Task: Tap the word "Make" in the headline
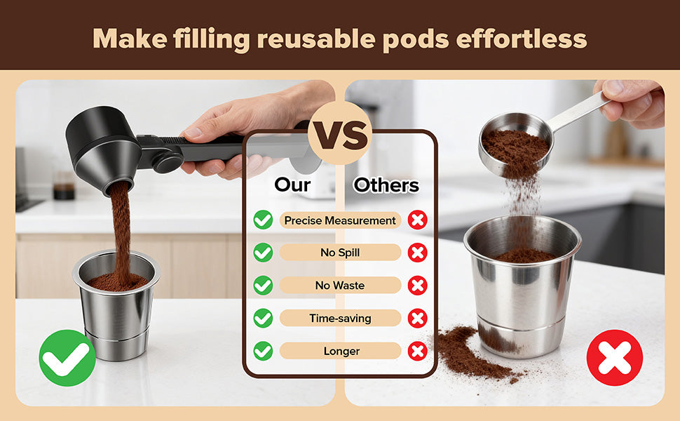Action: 130,39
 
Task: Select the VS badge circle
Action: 340,133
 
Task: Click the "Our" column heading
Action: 292,185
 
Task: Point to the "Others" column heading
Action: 386,185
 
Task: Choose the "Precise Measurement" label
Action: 340,220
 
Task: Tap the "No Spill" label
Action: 340,253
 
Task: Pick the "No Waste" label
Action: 340,285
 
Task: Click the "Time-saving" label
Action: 340,318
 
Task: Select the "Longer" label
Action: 340,351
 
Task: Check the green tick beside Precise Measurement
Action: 264,220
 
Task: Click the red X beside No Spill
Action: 418,253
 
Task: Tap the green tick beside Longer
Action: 264,351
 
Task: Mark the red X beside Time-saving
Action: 418,318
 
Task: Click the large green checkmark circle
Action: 67,358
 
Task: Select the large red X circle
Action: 615,358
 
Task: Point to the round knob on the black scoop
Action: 168,162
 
